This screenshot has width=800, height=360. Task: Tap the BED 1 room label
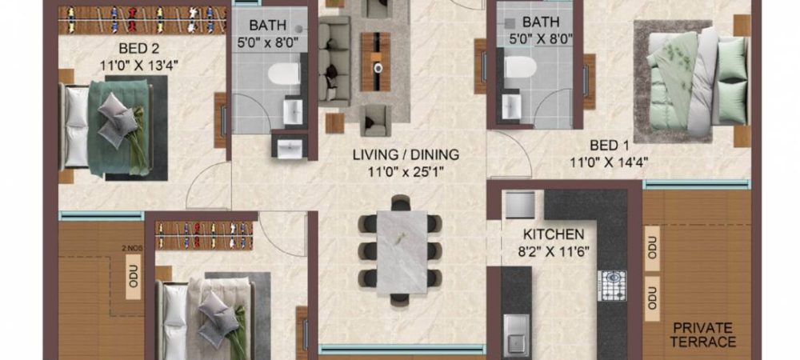[x=607, y=146]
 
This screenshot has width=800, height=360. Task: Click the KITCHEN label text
[x=554, y=234]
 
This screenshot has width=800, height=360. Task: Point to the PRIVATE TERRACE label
[x=703, y=334]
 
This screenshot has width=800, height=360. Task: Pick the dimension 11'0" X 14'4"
[x=607, y=161]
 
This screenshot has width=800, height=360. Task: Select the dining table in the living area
[x=399, y=249]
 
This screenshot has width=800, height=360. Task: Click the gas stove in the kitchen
[x=614, y=282]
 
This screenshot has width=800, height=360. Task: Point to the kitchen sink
[x=515, y=329]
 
